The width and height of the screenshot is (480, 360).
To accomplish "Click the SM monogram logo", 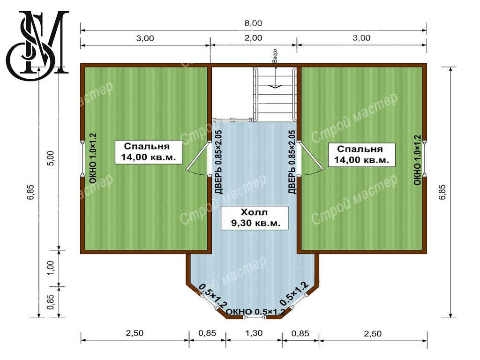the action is tap(37, 45).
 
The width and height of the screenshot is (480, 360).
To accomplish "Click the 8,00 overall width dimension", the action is tap(253, 23).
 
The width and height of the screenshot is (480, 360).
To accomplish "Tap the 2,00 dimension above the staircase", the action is tap(254, 38).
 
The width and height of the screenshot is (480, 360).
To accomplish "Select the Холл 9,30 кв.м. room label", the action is tap(255, 217).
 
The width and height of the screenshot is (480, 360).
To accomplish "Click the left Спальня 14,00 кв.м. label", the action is tap(149, 152).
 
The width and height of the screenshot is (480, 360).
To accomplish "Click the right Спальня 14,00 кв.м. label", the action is tap(361, 155).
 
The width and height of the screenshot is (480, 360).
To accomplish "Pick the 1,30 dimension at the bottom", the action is tap(254, 333).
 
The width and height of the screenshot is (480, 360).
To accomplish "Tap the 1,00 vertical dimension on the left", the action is tap(51, 268).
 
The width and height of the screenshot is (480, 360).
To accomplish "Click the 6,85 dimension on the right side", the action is tap(442, 192).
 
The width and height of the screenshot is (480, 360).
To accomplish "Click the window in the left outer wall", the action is tap(82, 158).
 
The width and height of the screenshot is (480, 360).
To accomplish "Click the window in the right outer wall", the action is tap(425, 158).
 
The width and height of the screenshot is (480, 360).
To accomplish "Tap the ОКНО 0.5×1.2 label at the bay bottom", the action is tap(255, 312).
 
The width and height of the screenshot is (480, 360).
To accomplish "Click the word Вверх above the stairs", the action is tap(275, 56).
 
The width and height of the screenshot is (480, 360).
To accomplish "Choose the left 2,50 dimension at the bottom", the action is tap(135, 333).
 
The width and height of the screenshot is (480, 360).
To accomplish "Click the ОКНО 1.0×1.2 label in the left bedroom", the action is tap(93, 158).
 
